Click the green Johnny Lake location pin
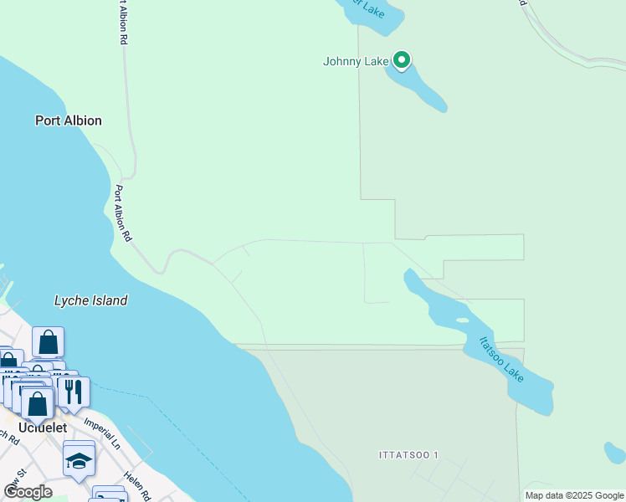tap(402, 60)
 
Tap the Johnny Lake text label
tap(357, 61)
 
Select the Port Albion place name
tap(69, 120)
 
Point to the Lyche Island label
tap(90, 300)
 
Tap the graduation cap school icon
tap(80, 461)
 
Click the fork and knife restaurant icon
tap(74, 391)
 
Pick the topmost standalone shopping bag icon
tap(49, 341)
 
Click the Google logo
tap(28, 492)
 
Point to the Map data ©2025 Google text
tap(574, 495)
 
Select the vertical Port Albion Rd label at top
tap(123, 23)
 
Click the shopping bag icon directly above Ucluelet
tap(38, 403)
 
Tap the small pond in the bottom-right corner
tap(615, 453)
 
